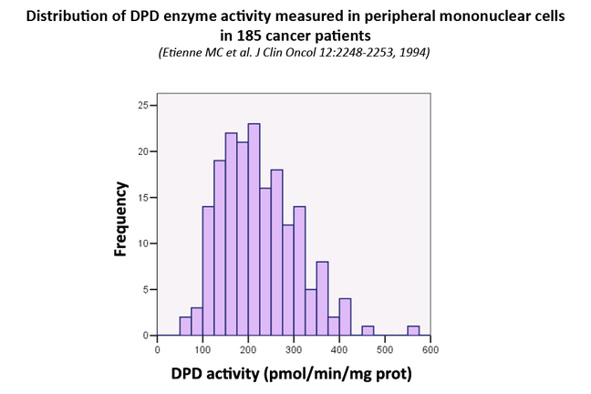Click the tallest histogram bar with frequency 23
tap(254, 230)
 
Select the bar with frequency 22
tap(231, 234)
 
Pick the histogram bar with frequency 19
tap(220, 248)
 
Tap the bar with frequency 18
tap(276, 253)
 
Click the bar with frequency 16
tap(265, 262)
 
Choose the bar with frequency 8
tap(322, 299)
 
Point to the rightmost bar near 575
tap(413, 331)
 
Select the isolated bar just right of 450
tap(368, 331)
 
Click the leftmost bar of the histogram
tap(185, 327)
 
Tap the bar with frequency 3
tap(197, 322)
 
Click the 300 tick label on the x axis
tap(294, 348)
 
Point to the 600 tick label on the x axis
tap(430, 348)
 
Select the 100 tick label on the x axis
tap(202, 348)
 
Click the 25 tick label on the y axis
tap(140, 105)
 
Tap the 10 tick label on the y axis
tap(140, 244)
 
